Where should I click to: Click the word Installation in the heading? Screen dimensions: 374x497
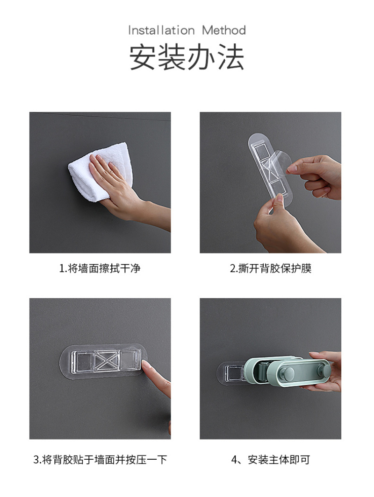coord(161,30)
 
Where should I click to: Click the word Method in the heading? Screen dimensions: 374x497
coord(224,30)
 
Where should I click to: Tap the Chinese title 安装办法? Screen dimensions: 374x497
coord(187,57)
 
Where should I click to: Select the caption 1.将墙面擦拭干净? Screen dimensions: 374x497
coord(100,268)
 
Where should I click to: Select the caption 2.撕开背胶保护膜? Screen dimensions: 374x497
coord(271,268)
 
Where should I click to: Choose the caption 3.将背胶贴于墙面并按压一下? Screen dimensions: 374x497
coord(100,459)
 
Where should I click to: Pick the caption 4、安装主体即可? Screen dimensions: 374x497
coord(271,459)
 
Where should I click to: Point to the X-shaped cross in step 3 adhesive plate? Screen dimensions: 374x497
coord(107,361)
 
